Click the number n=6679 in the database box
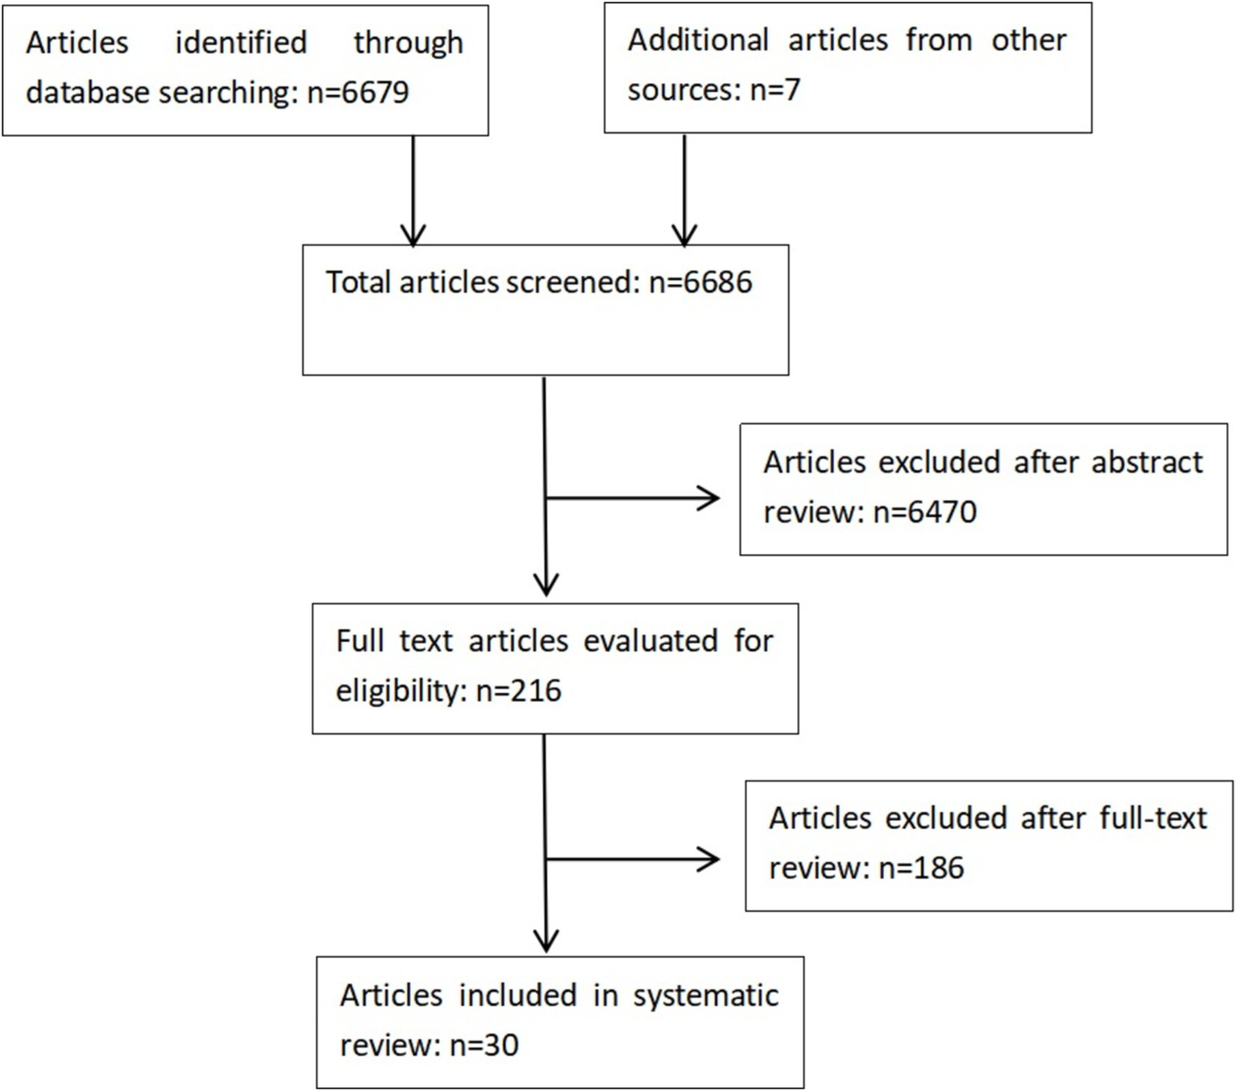358,93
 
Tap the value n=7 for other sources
774,90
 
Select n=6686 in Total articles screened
700,282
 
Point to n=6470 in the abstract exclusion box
925,512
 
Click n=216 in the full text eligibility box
518,691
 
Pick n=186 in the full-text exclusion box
920,868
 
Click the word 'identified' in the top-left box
241,43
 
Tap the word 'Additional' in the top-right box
698,40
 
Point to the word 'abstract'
1147,463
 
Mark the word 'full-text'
1153,818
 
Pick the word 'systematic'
705,996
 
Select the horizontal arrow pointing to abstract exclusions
633,498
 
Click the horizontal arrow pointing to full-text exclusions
633,860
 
